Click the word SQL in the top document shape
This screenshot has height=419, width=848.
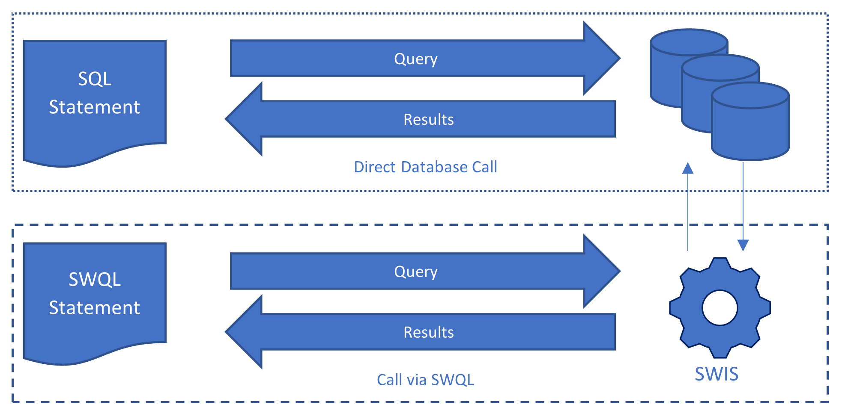click(95, 79)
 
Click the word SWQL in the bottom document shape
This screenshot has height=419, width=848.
click(95, 280)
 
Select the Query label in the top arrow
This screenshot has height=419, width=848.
click(415, 59)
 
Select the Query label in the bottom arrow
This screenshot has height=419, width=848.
click(415, 272)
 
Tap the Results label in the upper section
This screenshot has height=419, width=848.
click(428, 120)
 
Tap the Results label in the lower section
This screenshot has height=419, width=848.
click(428, 333)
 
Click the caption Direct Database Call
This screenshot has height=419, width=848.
click(425, 167)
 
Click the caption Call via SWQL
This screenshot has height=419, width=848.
click(425, 380)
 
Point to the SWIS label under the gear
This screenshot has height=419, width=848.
click(717, 374)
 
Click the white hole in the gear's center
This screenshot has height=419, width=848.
click(720, 308)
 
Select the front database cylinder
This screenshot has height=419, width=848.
click(750, 128)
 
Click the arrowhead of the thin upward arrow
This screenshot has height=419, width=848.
click(688, 168)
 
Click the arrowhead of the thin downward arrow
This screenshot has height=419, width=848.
click(743, 245)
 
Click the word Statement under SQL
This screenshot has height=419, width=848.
click(95, 107)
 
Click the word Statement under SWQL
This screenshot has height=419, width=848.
click(95, 308)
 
